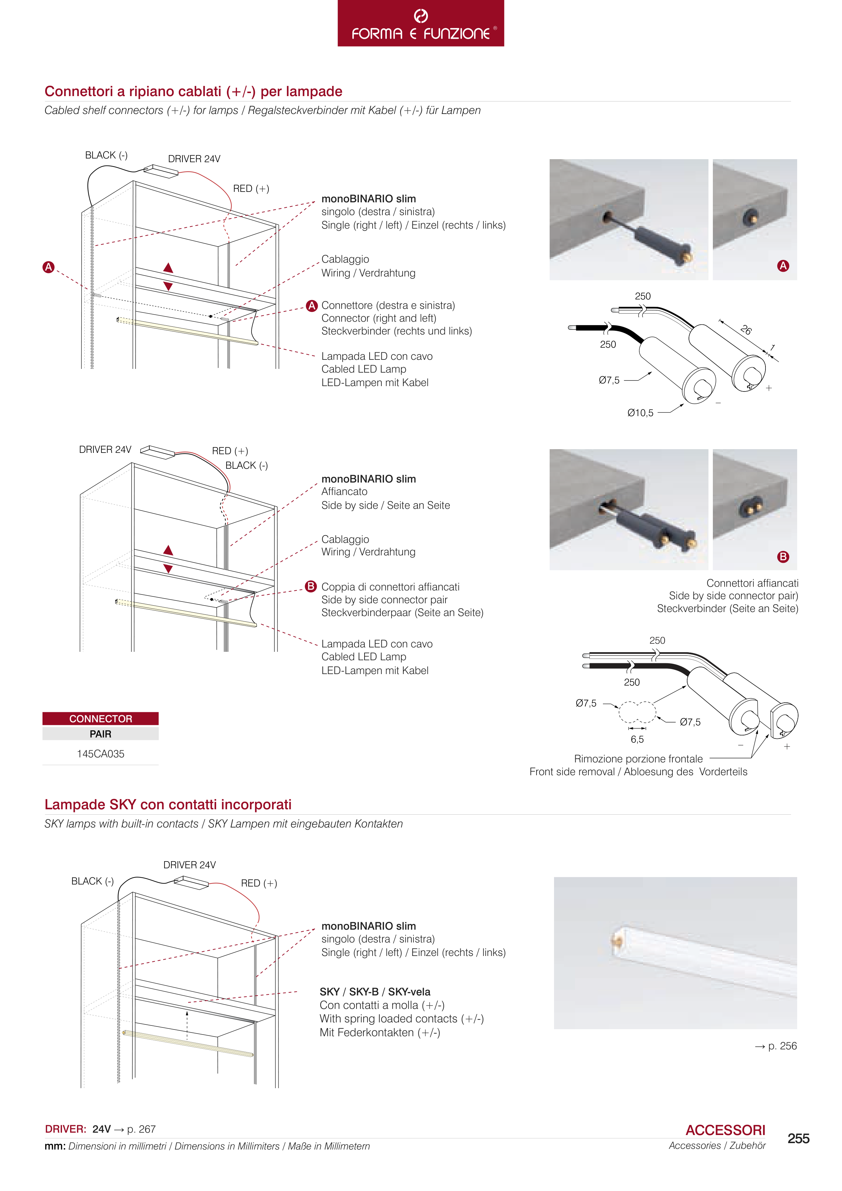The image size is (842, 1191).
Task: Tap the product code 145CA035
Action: point(100,754)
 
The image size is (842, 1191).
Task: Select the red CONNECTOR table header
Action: point(100,719)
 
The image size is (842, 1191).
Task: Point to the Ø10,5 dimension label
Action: point(640,413)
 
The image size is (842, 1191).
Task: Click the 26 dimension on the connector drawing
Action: point(746,329)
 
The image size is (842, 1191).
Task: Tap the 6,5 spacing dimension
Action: point(637,739)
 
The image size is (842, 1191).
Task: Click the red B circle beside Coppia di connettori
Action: point(311,586)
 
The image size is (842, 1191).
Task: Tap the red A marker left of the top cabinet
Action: point(48,267)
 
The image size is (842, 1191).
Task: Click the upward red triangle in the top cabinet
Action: point(168,268)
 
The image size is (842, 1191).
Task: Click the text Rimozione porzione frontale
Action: point(638,759)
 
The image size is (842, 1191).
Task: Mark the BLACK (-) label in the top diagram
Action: point(106,155)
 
